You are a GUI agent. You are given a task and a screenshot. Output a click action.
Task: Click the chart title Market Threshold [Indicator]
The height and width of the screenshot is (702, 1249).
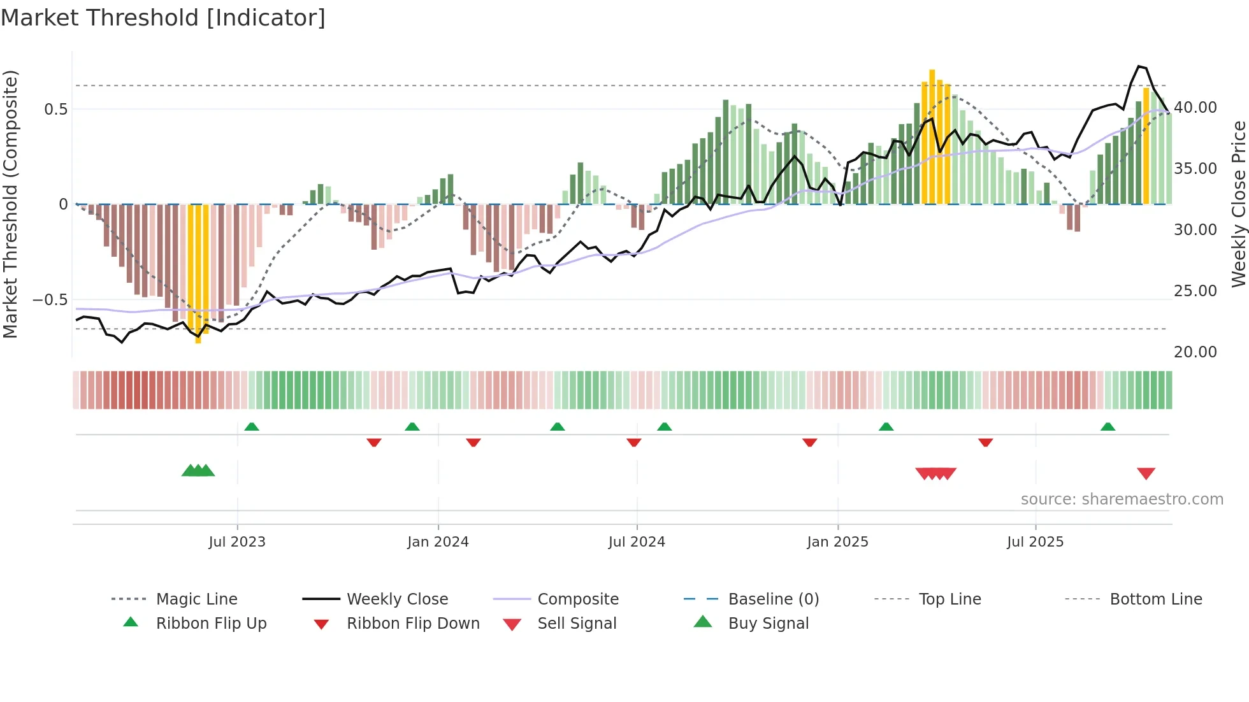point(163,18)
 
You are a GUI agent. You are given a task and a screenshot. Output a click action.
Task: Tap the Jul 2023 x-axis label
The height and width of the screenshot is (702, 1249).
point(236,542)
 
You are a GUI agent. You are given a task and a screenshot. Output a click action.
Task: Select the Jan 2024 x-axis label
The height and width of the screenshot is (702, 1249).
point(438,542)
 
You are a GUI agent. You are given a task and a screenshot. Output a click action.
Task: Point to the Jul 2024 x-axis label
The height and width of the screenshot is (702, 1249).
point(637,542)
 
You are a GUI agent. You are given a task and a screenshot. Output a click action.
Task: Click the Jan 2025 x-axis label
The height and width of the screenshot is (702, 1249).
point(837,542)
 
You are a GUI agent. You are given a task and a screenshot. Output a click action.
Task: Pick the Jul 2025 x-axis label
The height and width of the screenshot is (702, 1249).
point(1035,542)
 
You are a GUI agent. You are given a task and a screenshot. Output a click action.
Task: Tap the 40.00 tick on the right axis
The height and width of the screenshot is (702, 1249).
point(1195,108)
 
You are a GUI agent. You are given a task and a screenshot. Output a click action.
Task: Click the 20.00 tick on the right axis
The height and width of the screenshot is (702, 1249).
point(1195,352)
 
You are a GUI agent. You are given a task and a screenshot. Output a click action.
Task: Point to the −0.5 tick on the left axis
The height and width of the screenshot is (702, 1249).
point(50,299)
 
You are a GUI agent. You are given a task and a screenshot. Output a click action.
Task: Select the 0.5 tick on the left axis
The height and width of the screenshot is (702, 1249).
point(55,109)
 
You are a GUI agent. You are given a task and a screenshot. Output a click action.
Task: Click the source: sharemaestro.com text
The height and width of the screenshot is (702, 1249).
point(1122,499)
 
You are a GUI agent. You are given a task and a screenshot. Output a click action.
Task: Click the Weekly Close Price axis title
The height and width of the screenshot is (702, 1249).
point(1238,204)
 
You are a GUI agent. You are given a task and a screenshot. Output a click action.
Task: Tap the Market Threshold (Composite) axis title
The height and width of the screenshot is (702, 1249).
point(10,204)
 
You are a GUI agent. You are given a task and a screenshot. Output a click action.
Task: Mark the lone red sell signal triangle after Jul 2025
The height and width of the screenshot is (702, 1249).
point(1146,473)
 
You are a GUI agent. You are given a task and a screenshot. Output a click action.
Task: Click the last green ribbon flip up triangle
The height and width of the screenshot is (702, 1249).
point(1108,427)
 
